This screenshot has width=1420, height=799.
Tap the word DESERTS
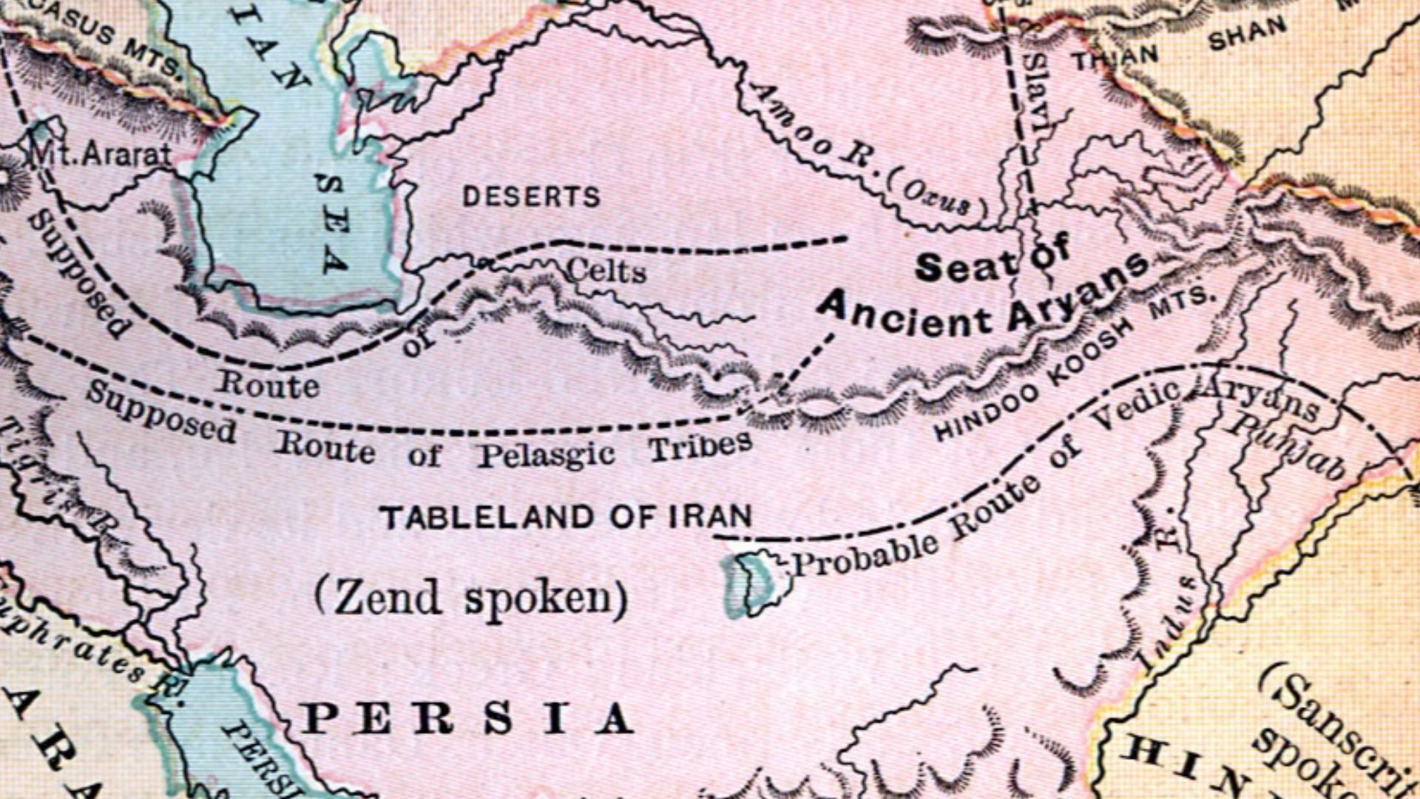[531, 197]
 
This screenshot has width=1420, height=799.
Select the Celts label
[606, 272]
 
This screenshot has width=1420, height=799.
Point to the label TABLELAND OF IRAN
[566, 517]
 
